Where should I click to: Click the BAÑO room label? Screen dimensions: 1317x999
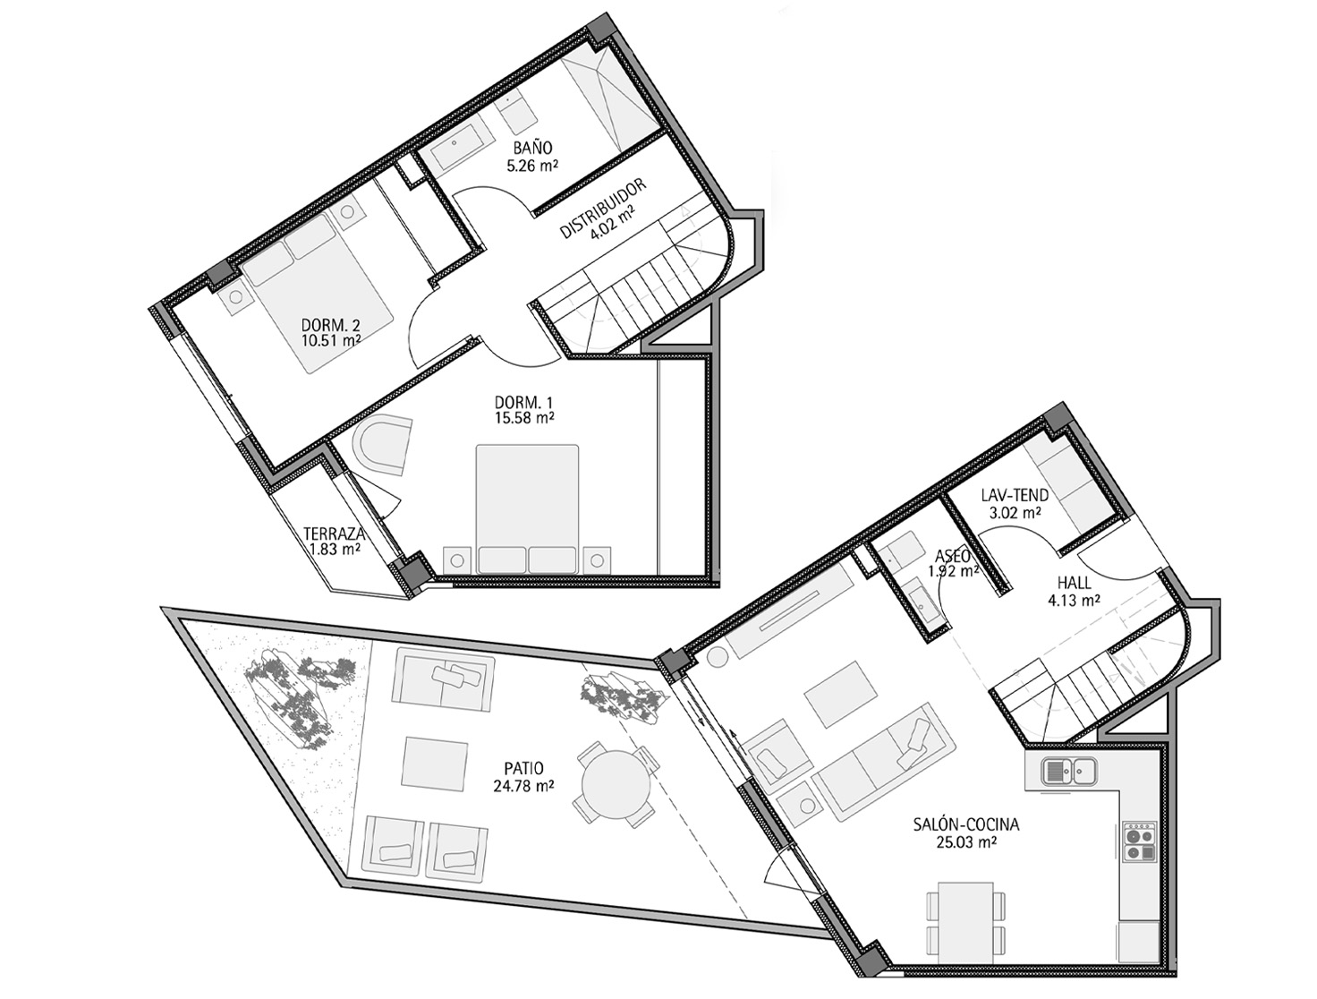[x=532, y=147]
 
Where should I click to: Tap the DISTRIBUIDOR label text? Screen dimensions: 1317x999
[x=602, y=209]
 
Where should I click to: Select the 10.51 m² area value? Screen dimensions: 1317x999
[x=331, y=340]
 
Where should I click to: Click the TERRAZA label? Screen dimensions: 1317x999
[x=335, y=534]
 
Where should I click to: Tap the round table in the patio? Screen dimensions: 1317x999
[x=616, y=784]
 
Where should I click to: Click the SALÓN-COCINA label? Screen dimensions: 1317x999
[x=965, y=824]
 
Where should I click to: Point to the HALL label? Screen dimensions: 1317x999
[x=1074, y=582]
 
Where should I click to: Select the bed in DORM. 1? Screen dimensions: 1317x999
[x=527, y=509]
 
